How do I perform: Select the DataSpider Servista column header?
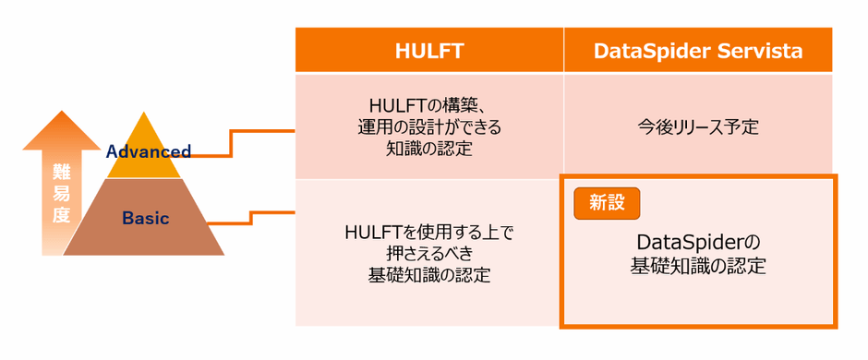coord(698,51)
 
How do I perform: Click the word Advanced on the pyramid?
coord(149,150)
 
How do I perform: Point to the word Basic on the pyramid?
coord(145,219)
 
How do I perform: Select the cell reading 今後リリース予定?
coord(698,126)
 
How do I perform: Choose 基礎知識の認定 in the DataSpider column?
coord(698,266)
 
